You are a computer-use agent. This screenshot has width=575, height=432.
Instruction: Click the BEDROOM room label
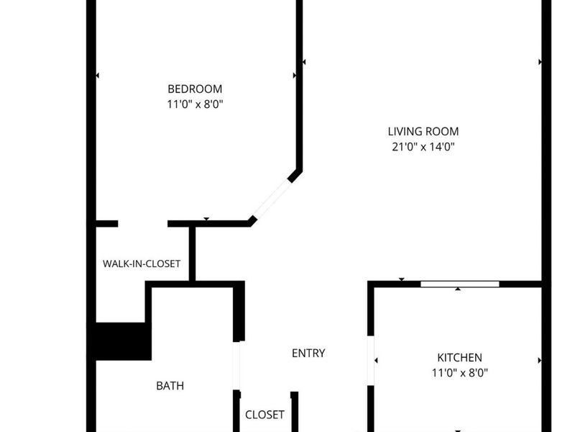click(195, 89)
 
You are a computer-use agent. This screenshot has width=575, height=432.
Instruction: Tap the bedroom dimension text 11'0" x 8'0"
click(195, 104)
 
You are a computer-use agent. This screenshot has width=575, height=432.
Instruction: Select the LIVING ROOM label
click(423, 132)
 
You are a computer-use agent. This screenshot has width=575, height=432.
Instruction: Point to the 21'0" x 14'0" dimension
click(423, 147)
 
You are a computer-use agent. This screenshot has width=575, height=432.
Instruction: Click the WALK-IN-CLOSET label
click(142, 264)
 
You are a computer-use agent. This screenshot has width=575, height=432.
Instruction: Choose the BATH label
click(170, 386)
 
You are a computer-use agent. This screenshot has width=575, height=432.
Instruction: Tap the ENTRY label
click(308, 354)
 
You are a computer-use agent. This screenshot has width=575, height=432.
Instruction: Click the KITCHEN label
click(460, 358)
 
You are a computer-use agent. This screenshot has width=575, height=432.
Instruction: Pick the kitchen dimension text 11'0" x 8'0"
click(460, 373)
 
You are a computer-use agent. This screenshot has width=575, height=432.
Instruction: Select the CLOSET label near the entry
click(265, 415)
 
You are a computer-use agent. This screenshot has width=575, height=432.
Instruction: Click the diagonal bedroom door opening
click(272, 199)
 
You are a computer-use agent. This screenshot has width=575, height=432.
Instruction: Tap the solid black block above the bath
click(123, 341)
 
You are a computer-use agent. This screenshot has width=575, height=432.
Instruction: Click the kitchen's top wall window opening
click(459, 284)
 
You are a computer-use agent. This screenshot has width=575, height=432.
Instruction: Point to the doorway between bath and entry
click(236, 366)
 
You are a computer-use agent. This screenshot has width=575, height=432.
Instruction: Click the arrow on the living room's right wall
click(540, 63)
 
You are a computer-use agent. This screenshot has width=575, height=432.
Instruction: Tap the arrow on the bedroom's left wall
click(97, 75)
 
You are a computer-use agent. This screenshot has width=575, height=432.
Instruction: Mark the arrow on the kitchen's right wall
click(539, 360)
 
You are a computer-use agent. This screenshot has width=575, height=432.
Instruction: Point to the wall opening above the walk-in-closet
click(142, 224)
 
